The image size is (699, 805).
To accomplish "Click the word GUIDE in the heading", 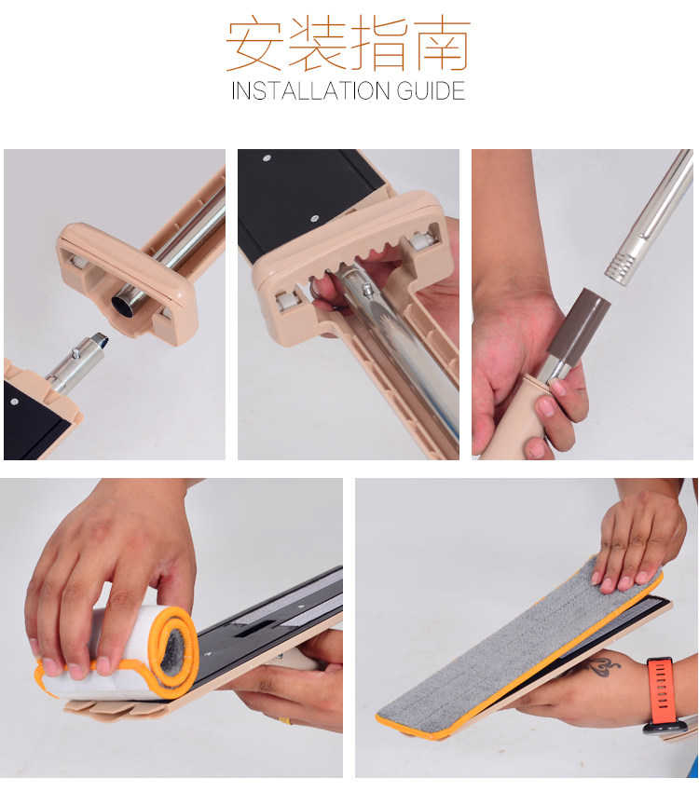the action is (x=431, y=91).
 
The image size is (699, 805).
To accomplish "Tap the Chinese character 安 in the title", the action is (x=254, y=44).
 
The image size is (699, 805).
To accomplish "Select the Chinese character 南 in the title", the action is (x=442, y=44).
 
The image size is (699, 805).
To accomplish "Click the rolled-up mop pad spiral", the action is (x=172, y=649).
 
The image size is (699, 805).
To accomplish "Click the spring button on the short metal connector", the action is (x=75, y=353).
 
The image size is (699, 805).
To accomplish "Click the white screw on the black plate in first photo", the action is (x=15, y=401).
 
